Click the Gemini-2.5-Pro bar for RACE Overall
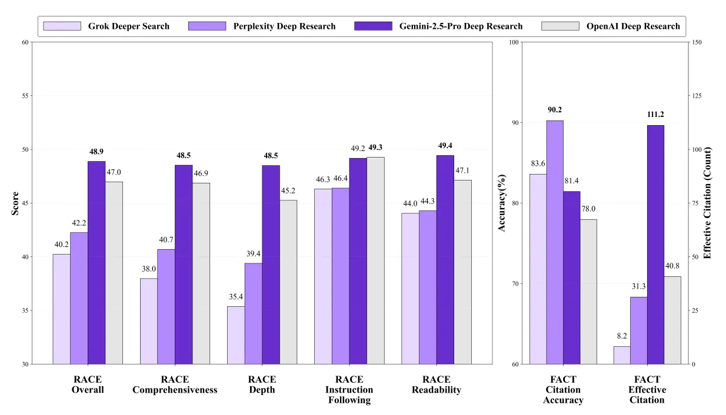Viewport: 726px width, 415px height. point(96,263)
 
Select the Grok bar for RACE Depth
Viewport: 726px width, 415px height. point(236,335)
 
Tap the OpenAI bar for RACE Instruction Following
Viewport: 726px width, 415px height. point(375,260)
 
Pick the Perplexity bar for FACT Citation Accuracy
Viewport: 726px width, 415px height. point(555,242)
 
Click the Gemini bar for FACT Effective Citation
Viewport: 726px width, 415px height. point(655,245)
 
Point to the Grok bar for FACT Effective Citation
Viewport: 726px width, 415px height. point(622,355)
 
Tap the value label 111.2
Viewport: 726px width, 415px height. point(655,115)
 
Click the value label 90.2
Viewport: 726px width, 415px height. point(554,110)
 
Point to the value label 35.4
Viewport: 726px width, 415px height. point(236,296)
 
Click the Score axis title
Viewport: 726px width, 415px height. point(15,203)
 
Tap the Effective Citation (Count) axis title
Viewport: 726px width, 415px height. point(708,203)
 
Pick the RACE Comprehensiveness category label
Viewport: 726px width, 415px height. point(175,384)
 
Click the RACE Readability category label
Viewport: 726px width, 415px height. point(436,384)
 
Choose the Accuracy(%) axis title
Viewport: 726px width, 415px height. point(502,203)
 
